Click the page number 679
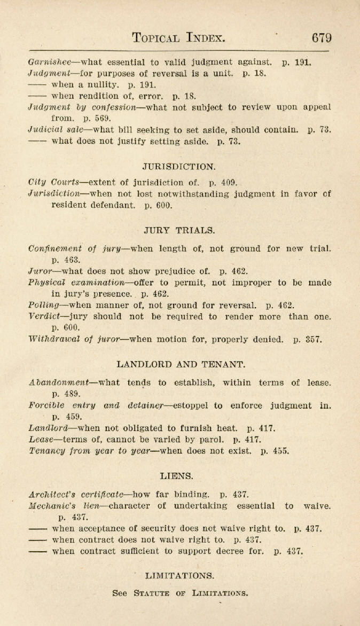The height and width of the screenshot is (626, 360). [x=322, y=38]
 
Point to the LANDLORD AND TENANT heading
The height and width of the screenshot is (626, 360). [x=181, y=365]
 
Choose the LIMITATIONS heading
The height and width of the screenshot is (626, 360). [x=179, y=576]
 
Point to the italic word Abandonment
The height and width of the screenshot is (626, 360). [x=58, y=383]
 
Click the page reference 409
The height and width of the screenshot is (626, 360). [x=229, y=183]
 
